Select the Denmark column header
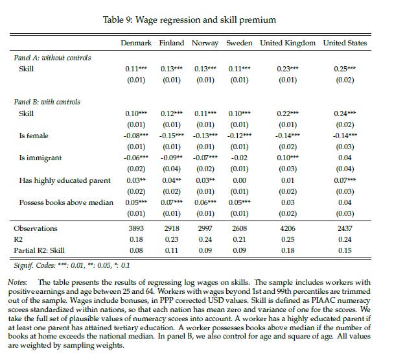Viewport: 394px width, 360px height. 136,43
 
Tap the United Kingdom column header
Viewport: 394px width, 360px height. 288,43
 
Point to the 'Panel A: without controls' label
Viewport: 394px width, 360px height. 52,58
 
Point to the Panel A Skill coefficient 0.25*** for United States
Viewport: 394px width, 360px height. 345,68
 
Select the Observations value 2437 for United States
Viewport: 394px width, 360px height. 344,228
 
